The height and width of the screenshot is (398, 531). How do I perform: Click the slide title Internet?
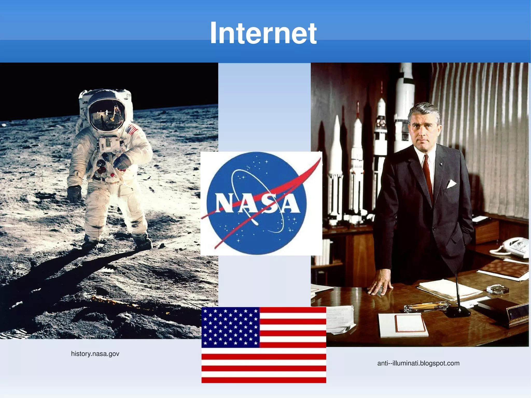[x=263, y=33]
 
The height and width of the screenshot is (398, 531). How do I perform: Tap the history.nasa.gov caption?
[x=95, y=354]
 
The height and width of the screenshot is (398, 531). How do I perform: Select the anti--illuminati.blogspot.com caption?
[x=418, y=363]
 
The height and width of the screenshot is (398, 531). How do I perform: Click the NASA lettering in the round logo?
[x=257, y=204]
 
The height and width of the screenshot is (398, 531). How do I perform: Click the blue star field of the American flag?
[x=230, y=327]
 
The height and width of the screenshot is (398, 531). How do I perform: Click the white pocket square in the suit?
[x=451, y=184]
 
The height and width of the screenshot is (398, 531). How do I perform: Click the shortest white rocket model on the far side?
[x=336, y=169]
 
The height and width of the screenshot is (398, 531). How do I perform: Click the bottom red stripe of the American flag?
[x=264, y=380]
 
